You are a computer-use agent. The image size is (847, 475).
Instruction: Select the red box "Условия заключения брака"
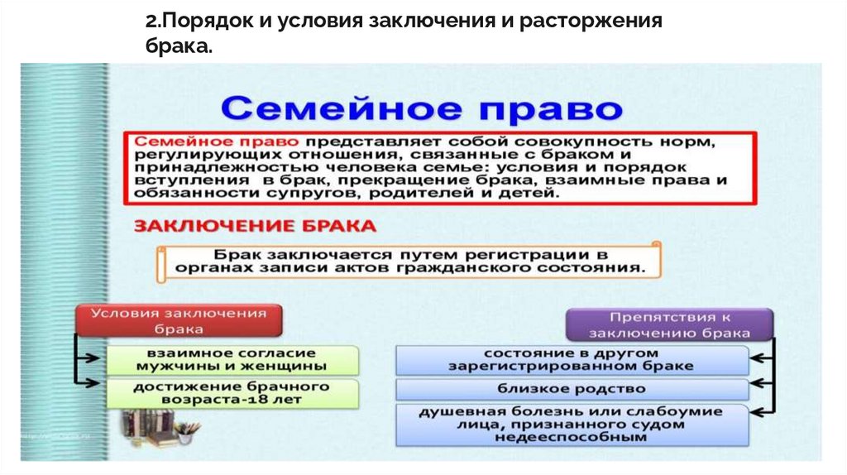click(x=179, y=320)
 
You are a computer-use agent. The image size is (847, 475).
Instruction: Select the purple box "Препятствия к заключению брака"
click(x=669, y=324)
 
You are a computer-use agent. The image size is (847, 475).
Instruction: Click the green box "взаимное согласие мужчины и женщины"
click(x=233, y=359)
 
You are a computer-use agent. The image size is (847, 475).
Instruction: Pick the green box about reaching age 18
click(x=233, y=392)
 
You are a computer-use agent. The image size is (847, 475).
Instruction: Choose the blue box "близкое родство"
click(x=572, y=388)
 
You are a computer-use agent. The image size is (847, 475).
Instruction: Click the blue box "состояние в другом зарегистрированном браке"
click(x=572, y=359)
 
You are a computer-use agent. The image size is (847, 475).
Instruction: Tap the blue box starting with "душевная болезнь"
click(x=572, y=424)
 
